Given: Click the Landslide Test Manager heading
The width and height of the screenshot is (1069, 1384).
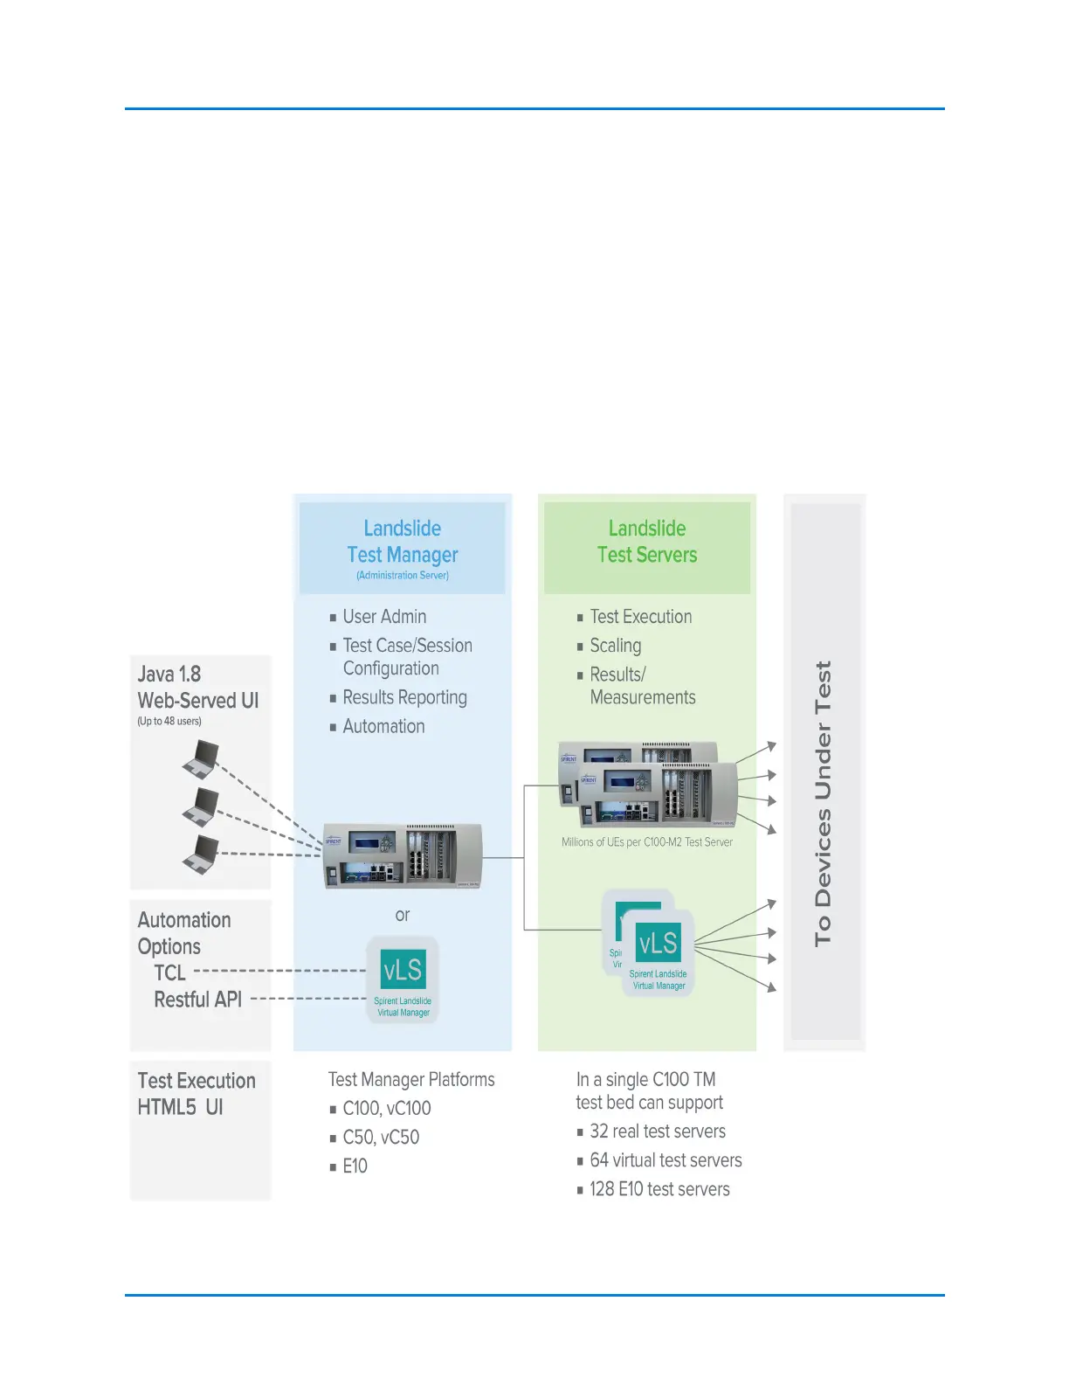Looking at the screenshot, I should click(403, 542).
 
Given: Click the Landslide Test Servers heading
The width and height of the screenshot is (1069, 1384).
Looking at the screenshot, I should click(647, 542).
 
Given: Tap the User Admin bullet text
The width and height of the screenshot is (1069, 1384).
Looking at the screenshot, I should click(384, 617).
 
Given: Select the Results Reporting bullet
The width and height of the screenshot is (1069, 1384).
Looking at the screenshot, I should click(404, 697).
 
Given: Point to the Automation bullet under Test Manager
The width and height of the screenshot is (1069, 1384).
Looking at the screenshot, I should click(383, 726).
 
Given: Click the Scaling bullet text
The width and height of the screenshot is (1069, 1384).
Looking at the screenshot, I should click(615, 646).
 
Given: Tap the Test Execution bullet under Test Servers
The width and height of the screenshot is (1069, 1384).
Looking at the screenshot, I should click(640, 617).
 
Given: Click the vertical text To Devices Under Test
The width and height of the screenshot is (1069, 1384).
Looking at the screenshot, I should click(824, 803).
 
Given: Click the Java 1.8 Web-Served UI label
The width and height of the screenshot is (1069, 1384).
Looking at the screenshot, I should click(197, 687).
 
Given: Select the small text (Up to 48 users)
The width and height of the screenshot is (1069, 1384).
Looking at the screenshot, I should click(169, 721).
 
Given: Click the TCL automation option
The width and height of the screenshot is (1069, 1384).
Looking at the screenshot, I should click(170, 972).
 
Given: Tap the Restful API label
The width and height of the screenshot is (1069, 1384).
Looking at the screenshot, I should click(197, 1000).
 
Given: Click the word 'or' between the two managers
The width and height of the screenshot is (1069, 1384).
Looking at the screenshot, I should click(402, 915).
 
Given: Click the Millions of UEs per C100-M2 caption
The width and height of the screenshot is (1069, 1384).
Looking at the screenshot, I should click(646, 842).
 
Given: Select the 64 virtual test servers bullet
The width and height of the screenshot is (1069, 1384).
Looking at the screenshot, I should click(666, 1160).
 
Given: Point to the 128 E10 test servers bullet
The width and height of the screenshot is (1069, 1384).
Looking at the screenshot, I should click(659, 1189).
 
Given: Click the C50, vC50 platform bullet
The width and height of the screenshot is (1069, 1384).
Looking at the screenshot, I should click(381, 1138).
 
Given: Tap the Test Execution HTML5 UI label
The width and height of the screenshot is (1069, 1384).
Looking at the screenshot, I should click(197, 1094).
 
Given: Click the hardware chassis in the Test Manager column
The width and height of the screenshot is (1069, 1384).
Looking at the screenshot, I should click(402, 855).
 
